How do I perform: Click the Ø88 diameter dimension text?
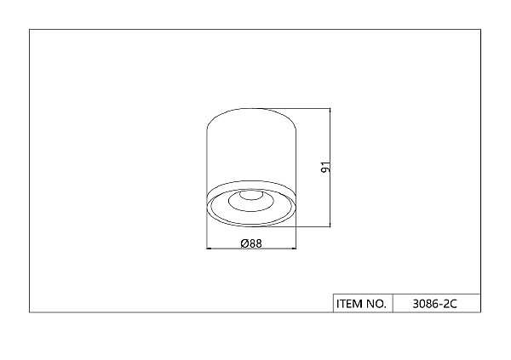251,243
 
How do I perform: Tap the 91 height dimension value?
326,167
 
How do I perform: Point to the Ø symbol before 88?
244,243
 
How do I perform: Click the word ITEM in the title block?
349,304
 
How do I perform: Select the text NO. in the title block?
376,304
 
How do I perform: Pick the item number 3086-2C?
434,304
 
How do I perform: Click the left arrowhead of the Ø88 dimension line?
210,249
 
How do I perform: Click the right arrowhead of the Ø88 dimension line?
293,249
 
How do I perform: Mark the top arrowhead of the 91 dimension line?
330,111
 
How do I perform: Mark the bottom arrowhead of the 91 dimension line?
330,224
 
